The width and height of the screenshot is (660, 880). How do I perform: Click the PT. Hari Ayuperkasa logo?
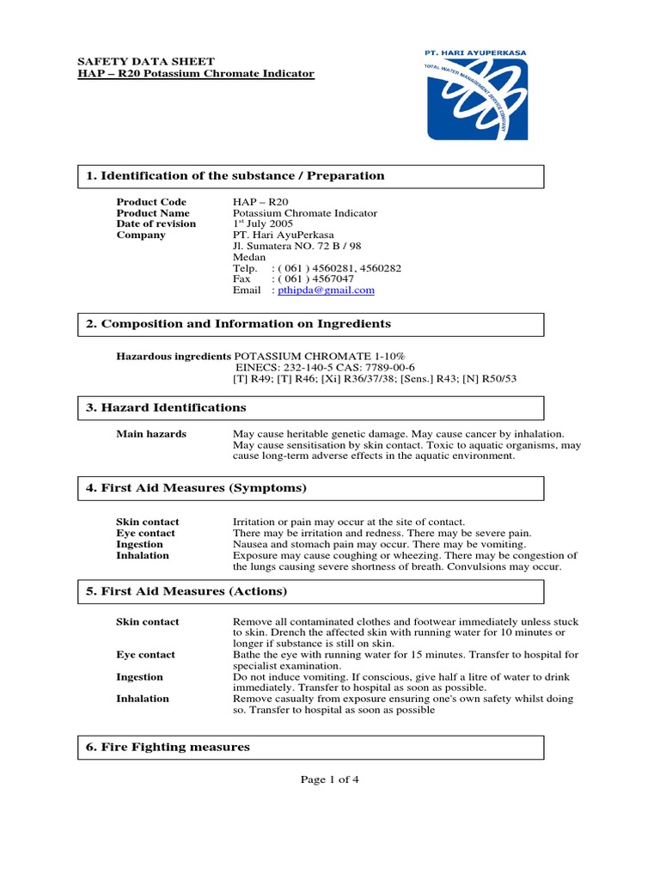click(478, 95)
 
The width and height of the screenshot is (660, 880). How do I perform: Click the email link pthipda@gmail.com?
click(327, 290)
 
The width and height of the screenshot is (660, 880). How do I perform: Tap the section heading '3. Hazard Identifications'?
click(166, 407)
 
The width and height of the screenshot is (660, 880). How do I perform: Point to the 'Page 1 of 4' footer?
click(329, 779)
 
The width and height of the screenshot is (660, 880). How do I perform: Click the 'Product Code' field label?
click(150, 201)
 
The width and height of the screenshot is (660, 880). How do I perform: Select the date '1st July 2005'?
click(263, 223)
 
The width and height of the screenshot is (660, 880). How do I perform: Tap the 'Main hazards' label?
click(151, 434)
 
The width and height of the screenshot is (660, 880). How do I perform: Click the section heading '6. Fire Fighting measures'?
click(168, 747)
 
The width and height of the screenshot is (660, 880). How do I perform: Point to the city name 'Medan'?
click(249, 257)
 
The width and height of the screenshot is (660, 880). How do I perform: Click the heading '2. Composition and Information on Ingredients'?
click(238, 324)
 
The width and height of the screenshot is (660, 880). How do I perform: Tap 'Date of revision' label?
click(156, 223)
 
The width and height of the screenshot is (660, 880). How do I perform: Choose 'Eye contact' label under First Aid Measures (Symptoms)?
click(145, 533)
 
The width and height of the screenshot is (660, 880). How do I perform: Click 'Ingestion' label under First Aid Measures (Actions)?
click(139, 677)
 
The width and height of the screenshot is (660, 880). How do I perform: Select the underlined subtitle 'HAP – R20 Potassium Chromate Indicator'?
click(196, 74)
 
